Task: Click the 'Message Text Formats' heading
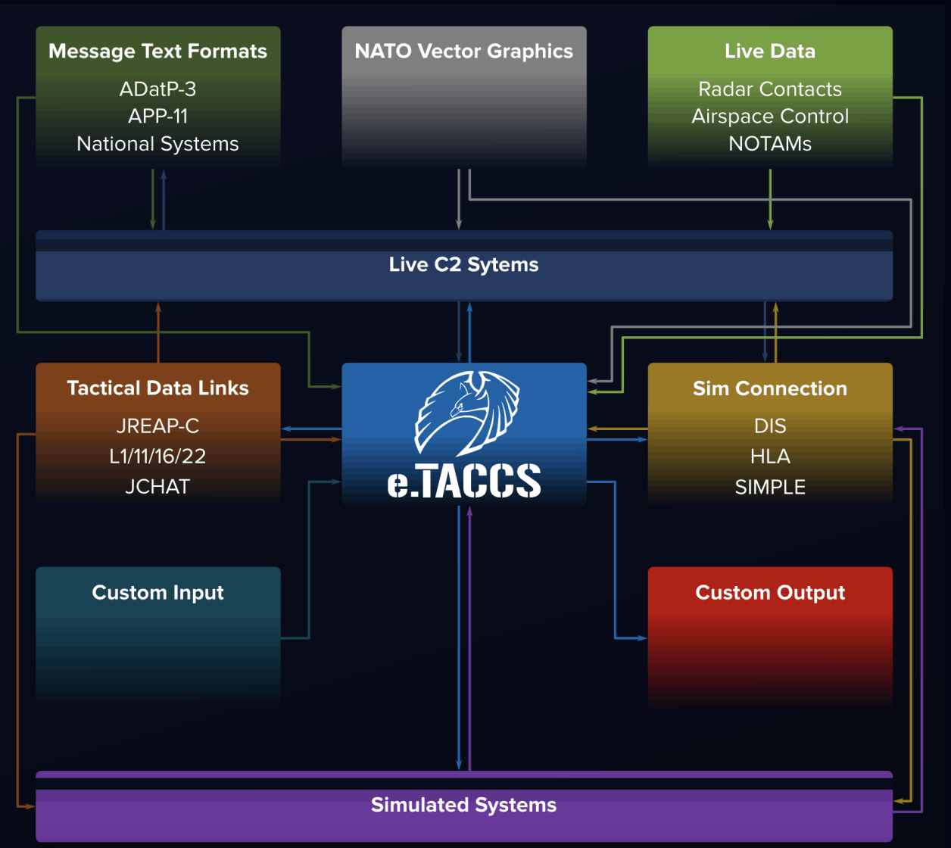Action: tap(157, 51)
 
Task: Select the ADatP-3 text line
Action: tap(157, 89)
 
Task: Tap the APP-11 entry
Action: tap(157, 117)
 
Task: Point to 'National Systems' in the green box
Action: tap(157, 144)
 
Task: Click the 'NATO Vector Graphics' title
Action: tap(463, 51)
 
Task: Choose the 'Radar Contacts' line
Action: tap(769, 89)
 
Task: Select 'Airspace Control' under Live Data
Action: tap(769, 117)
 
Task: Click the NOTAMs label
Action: tap(769, 144)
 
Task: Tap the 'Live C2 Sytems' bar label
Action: tap(463, 265)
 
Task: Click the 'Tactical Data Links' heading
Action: tap(157, 388)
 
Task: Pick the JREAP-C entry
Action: tap(157, 426)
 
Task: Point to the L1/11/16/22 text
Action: tap(157, 457)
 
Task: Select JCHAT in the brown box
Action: tap(157, 487)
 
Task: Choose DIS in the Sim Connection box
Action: tap(769, 426)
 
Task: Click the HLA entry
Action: tap(769, 457)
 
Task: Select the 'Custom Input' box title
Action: tap(157, 593)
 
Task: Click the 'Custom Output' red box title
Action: tap(769, 593)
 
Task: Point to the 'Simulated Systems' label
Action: tap(463, 805)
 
